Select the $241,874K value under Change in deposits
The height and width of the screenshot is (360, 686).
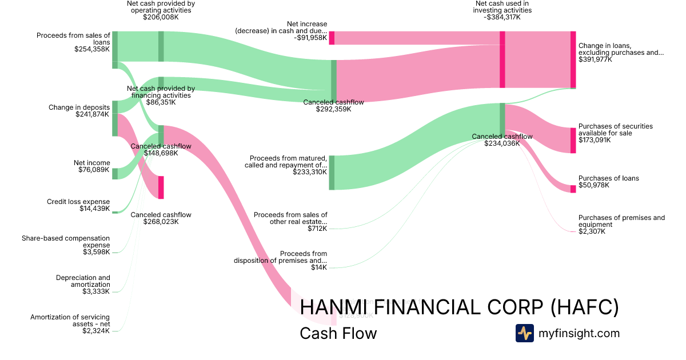(93, 114)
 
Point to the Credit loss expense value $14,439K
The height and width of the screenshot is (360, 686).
(95, 209)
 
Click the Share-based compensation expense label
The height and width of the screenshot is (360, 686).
(66, 241)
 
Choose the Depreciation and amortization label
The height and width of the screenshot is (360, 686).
(83, 281)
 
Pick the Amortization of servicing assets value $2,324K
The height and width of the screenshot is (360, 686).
(96, 331)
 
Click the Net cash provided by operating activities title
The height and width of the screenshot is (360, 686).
(161, 7)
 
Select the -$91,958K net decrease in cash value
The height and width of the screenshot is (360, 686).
(310, 38)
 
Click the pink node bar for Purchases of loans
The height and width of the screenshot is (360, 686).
(573, 189)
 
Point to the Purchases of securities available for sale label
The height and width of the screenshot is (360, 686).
(615, 130)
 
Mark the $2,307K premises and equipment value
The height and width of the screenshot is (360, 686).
(592, 231)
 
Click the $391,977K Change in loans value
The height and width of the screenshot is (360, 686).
(595, 59)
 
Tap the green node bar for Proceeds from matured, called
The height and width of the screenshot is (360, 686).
(332, 173)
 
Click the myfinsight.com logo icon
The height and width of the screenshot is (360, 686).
(524, 333)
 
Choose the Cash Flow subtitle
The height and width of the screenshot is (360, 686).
(338, 333)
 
